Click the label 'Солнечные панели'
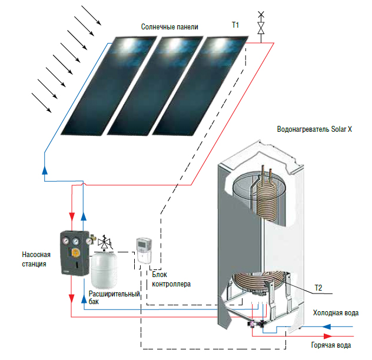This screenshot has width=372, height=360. (170, 27)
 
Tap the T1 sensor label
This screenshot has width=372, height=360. (235, 25)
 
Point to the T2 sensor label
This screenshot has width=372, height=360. (318, 288)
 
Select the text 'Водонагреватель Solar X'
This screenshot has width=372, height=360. (314, 129)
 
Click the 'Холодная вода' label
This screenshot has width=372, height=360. (336, 313)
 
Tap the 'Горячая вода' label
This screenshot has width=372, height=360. (331, 345)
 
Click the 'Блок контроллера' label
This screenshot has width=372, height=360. (171, 279)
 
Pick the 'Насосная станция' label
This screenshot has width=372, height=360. (36, 259)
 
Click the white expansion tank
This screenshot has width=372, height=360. (104, 271)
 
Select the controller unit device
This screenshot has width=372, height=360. (144, 251)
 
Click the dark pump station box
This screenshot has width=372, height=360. (75, 254)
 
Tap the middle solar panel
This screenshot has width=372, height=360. (155, 86)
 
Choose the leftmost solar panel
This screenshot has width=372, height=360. (109, 86)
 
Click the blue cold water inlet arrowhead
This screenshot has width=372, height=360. (327, 327)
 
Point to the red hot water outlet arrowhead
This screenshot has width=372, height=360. (328, 336)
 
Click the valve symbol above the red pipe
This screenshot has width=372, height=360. (261, 27)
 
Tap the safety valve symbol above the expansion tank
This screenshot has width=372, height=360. (104, 242)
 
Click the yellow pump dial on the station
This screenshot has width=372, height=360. (76, 253)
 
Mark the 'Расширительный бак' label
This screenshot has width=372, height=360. (114, 298)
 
